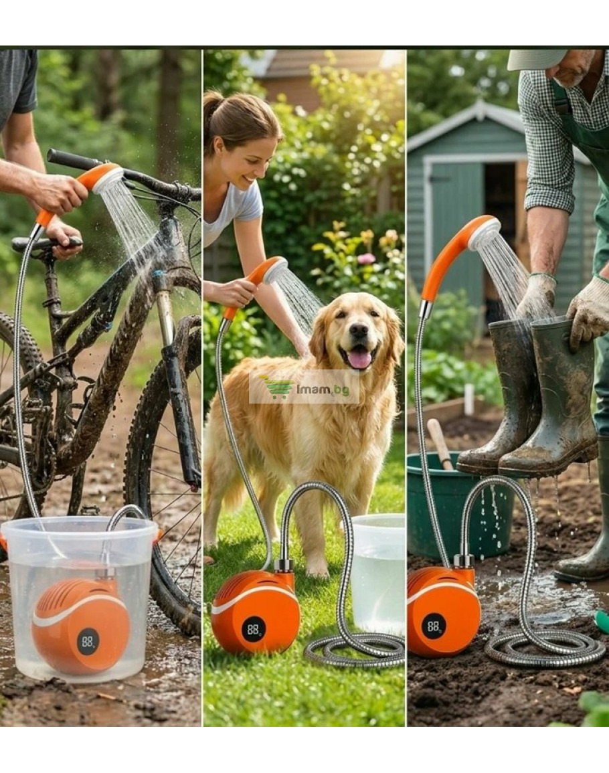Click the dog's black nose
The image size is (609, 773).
tap(359, 331)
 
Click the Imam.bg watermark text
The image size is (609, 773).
tap(323, 390)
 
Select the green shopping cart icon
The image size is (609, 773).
tap(278, 387)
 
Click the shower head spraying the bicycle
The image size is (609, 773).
tap(108, 179)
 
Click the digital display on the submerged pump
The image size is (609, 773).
tap(88, 641)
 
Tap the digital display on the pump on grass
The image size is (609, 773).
tap(254, 630)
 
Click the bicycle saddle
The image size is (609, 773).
tap(47, 242)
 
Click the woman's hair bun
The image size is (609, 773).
tap(213, 102)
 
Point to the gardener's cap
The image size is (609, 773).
tap(536, 59)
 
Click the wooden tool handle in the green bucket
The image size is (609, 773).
tap(440, 444)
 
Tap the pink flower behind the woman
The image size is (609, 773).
tap(366, 258)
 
